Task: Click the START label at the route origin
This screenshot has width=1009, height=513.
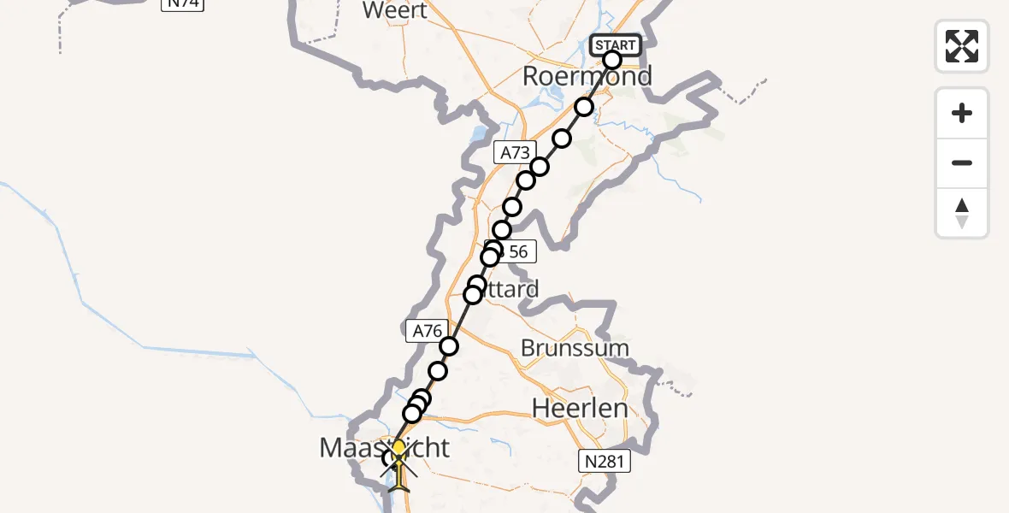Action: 615,45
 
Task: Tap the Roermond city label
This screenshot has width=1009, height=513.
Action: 587,76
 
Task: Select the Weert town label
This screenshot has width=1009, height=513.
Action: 394,10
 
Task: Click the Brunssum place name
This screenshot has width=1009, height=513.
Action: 575,349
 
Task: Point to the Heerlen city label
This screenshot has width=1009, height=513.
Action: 580,408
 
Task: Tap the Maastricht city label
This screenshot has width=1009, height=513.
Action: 383,446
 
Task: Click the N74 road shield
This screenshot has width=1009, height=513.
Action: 184,3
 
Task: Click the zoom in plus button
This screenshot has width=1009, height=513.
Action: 962,114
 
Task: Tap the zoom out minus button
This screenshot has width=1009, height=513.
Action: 962,163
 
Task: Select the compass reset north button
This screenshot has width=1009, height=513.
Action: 962,212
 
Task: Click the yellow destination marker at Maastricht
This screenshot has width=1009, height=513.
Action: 398,447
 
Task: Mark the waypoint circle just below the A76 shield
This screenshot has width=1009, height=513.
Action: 449,346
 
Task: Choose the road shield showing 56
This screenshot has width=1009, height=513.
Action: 516,252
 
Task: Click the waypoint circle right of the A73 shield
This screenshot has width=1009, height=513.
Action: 540,167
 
